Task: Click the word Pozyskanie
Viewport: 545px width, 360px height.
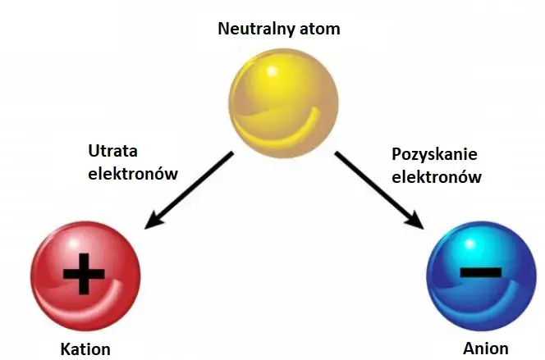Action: tap(434, 154)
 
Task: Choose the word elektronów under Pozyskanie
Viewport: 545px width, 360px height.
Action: tap(437, 175)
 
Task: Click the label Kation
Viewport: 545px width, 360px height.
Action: tap(85, 349)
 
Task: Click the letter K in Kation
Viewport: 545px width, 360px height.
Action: tap(66, 349)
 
